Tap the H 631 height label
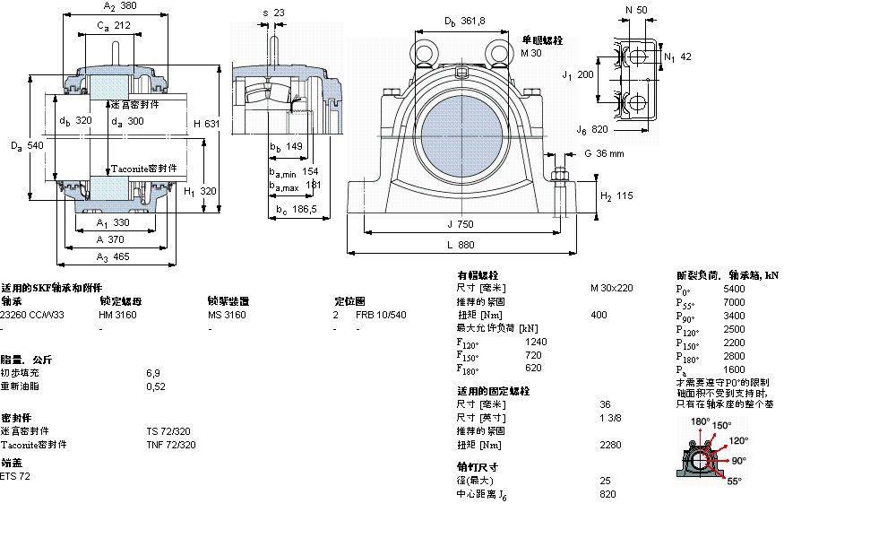[206, 123]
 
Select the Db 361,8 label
[465, 21]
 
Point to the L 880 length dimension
[461, 244]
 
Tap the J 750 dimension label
[461, 224]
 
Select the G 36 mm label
[603, 153]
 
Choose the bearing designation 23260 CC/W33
[32, 315]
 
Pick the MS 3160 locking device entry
[226, 315]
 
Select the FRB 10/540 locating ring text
[381, 315]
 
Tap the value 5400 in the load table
[734, 289]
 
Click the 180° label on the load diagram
[700, 421]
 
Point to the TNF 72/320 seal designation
[171, 445]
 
